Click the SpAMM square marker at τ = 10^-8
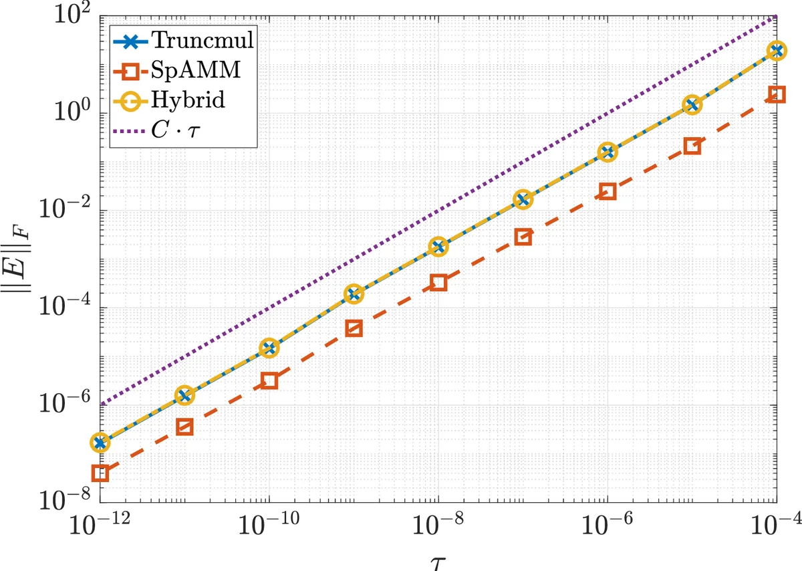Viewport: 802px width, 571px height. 438,282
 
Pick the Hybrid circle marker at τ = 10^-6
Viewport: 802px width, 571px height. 608,152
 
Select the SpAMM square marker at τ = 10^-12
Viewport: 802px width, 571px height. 100,473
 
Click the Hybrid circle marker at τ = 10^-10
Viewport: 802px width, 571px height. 269,348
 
